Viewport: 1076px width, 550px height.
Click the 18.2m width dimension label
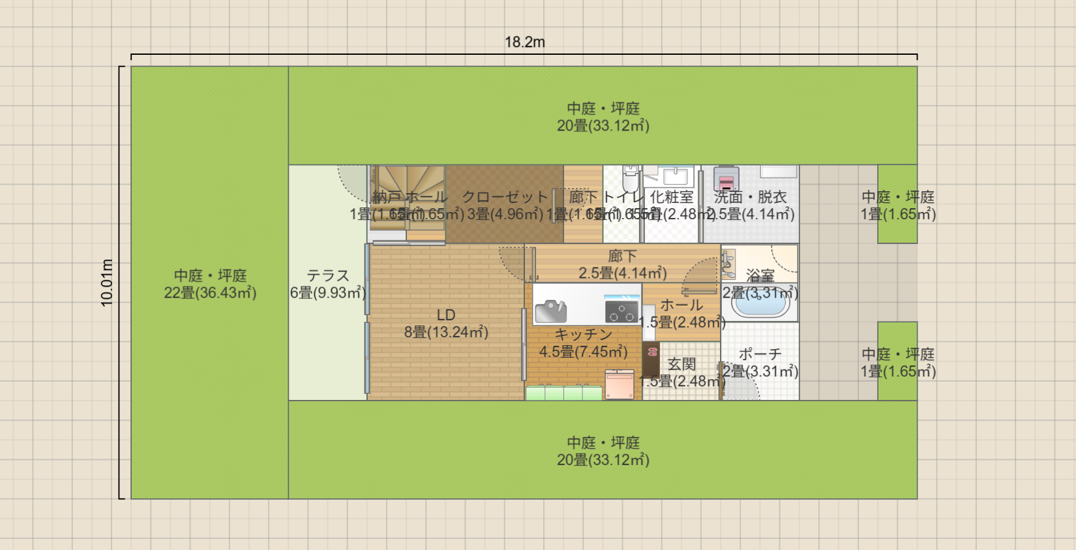tap(524, 42)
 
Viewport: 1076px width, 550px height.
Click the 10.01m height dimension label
tap(107, 283)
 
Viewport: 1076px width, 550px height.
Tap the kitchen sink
tap(552, 311)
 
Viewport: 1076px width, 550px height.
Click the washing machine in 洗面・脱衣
tap(726, 178)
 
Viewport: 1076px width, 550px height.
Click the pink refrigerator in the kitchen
tap(619, 384)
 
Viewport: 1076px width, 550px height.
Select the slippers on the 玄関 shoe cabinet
tap(652, 352)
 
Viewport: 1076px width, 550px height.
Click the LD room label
tap(446, 315)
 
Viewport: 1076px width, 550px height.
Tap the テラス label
tap(328, 275)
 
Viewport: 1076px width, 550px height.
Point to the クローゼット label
tap(505, 197)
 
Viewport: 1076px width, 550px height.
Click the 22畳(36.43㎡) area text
tap(210, 293)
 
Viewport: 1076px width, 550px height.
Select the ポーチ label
tap(760, 354)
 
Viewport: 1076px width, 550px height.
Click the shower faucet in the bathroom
tap(728, 263)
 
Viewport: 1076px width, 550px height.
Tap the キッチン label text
tap(583, 335)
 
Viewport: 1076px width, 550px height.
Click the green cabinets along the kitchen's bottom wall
tap(563, 393)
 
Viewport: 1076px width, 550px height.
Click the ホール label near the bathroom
tap(681, 305)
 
